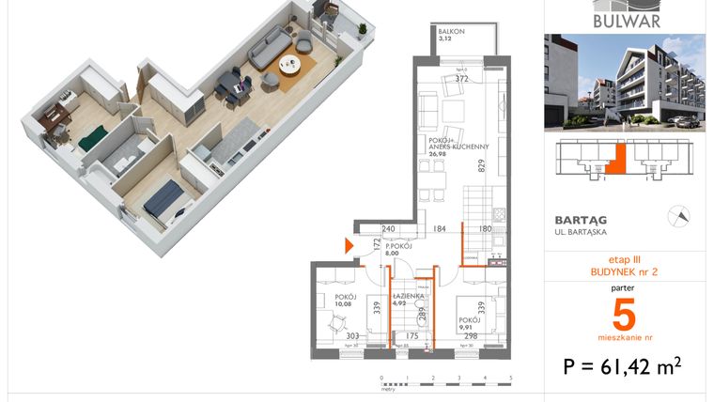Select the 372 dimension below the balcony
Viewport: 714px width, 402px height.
tap(461, 80)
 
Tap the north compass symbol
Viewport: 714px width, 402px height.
tap(676, 216)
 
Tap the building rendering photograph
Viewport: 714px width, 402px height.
tap(624, 82)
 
